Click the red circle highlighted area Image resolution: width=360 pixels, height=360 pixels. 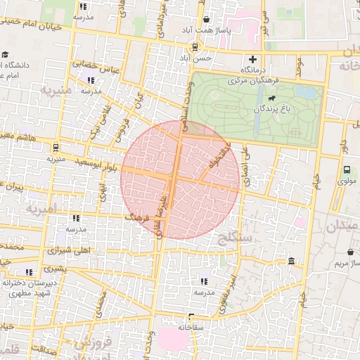click(181, 179)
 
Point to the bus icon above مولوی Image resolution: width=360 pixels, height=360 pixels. click(347, 169)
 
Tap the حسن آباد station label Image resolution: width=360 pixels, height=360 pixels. click(202, 58)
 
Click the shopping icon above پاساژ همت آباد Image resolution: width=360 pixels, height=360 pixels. click(205, 20)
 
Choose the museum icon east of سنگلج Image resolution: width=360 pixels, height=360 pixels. click(292, 262)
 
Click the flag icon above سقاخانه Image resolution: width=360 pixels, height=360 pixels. click(191, 316)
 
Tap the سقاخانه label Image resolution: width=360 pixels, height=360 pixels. click(191, 327)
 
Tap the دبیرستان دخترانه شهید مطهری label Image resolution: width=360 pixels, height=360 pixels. click(28, 287)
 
